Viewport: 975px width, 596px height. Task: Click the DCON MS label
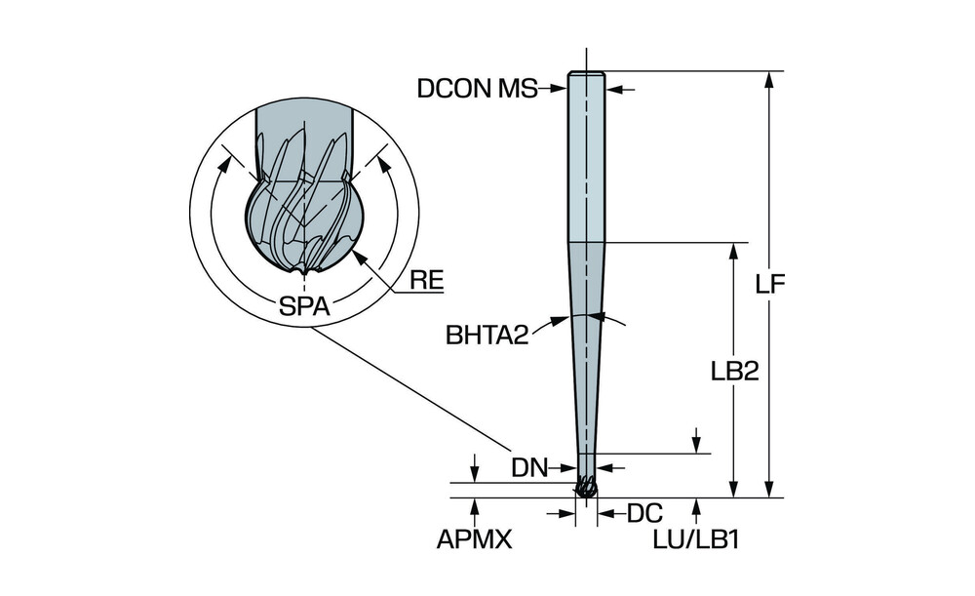pos(477,89)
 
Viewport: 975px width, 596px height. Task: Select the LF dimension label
pos(772,284)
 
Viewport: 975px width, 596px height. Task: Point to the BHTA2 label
pos(487,336)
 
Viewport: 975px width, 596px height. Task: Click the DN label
pos(530,467)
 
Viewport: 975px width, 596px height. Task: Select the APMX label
pos(475,539)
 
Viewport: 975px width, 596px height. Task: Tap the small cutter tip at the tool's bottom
pos(586,487)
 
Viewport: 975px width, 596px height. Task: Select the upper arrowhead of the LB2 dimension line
pos(733,249)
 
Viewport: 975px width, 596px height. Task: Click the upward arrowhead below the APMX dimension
pos(475,505)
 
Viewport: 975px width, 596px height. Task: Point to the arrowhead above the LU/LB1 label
pos(698,505)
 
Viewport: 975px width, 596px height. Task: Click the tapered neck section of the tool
pos(586,341)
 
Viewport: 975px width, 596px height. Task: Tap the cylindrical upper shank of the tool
pos(586,156)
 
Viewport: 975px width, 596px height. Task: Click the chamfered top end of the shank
pos(586,74)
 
